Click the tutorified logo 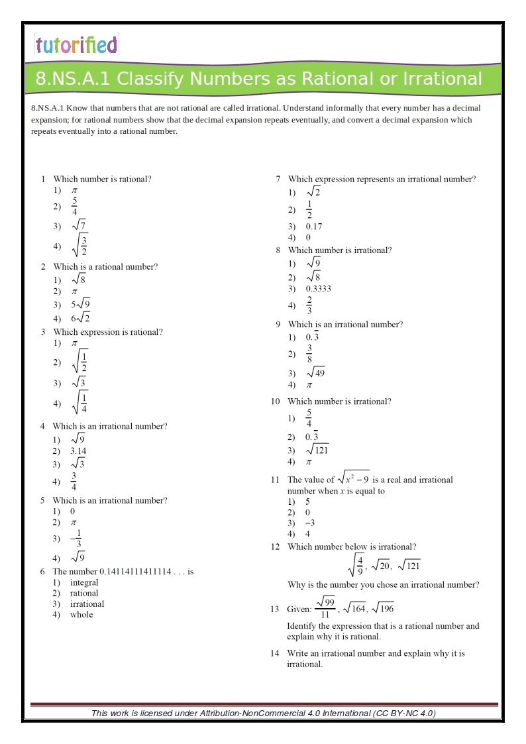[76, 45]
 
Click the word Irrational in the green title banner [441, 79]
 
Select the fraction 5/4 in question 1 [75, 206]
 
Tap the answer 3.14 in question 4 [78, 451]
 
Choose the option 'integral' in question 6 [84, 582]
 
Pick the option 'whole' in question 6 [81, 614]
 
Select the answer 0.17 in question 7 [314, 227]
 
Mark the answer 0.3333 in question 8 [318, 289]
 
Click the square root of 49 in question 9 [315, 372]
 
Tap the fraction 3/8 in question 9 [309, 354]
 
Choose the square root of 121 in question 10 [317, 450]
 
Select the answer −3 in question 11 [309, 523]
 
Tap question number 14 [274, 653]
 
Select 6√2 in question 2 [80, 318]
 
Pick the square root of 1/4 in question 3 [79, 402]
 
